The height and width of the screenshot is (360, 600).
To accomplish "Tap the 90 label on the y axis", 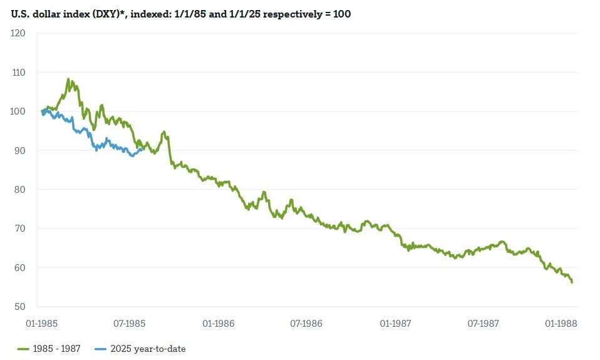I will tap(19, 150).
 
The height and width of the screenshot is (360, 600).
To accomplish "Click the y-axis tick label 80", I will tap(19, 190).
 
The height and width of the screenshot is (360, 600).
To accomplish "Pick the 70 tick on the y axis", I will tap(19, 229).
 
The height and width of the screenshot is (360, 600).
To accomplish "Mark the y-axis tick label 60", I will tap(19, 268).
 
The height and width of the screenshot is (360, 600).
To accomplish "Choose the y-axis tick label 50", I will tap(19, 307).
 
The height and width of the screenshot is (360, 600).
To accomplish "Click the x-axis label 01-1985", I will tap(42, 324).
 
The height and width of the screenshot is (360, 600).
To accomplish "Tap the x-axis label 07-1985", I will tap(130, 324).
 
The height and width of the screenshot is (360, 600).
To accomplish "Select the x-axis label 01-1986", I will tap(219, 324).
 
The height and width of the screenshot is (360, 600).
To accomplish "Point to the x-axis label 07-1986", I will tap(306, 324).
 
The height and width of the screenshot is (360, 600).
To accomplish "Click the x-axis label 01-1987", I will tap(395, 324).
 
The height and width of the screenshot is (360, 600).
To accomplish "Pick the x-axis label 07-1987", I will tap(483, 324).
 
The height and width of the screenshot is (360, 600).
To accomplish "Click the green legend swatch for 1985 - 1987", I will tap(24, 349).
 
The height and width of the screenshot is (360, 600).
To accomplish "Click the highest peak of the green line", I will tap(68, 80).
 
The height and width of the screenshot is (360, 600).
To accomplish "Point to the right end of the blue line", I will tap(141, 150).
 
